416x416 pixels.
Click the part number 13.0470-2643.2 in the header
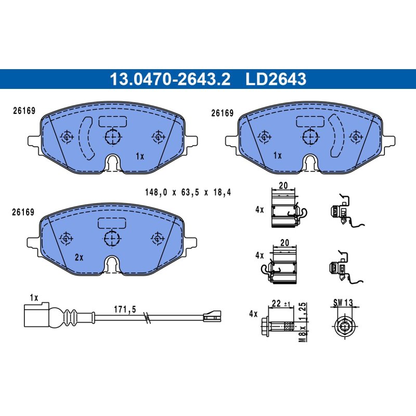(170, 79)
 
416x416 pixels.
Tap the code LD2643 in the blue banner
(276, 79)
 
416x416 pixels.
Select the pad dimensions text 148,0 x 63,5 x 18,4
(188, 192)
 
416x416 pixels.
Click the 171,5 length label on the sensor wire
(125, 309)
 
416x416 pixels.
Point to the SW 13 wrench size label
(343, 303)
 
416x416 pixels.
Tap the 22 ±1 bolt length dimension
(281, 304)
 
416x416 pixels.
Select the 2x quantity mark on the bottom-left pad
(79, 257)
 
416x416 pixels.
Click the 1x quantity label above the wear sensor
(34, 297)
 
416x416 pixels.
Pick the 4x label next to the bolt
(253, 314)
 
